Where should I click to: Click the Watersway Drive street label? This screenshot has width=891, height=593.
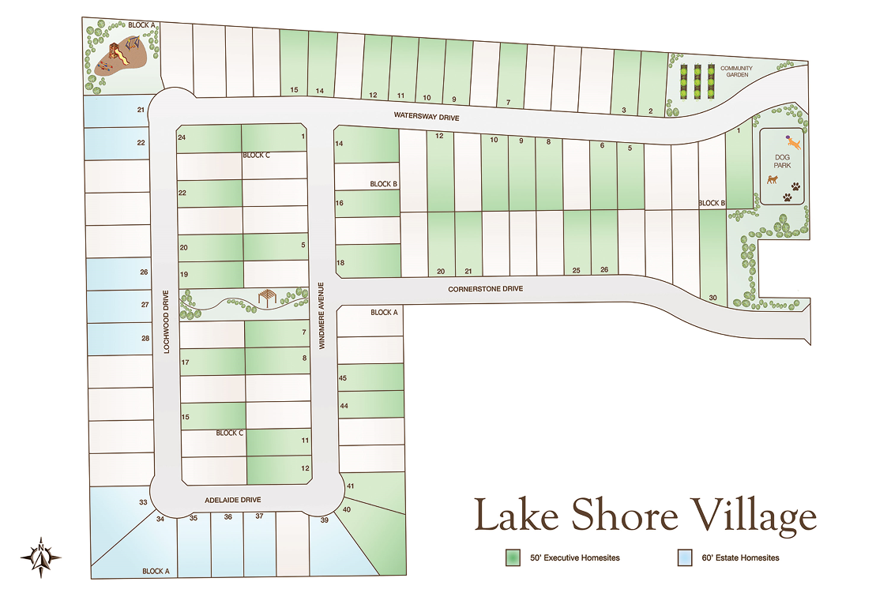click(x=427, y=117)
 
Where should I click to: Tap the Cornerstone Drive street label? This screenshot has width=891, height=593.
click(x=486, y=289)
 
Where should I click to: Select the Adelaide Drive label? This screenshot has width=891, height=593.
click(x=232, y=501)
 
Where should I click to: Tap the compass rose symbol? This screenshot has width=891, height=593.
click(x=41, y=556)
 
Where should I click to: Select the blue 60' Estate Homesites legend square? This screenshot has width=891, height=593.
click(x=686, y=558)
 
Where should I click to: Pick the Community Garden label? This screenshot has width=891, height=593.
click(x=736, y=72)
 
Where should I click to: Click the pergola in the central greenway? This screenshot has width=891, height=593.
click(x=266, y=297)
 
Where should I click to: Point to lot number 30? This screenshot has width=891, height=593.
click(x=712, y=297)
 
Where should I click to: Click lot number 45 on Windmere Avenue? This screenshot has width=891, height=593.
click(x=343, y=378)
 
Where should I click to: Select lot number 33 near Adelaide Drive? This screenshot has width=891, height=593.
click(x=143, y=502)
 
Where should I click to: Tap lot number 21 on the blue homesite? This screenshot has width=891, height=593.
click(x=141, y=109)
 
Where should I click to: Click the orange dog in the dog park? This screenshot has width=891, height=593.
click(x=794, y=143)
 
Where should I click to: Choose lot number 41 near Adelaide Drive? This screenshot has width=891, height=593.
click(x=350, y=486)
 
